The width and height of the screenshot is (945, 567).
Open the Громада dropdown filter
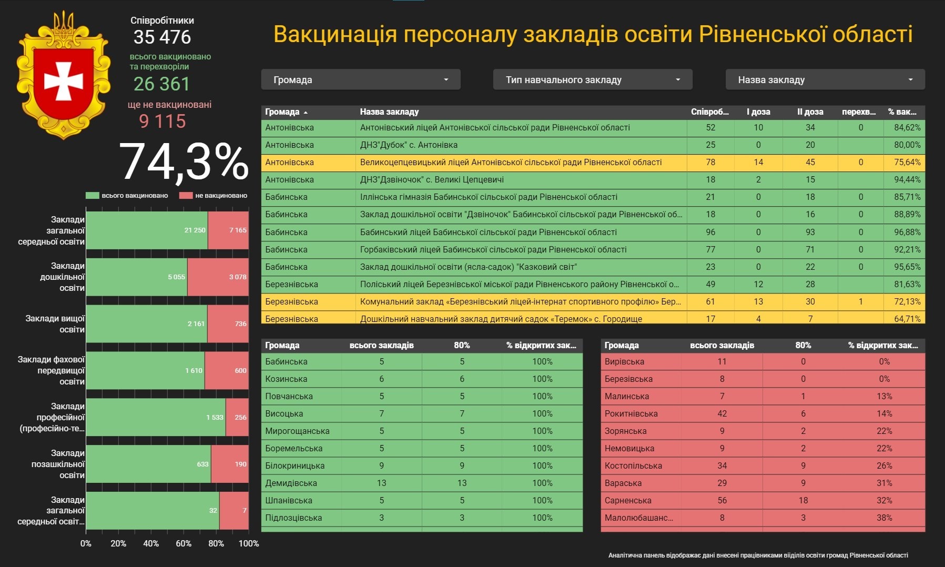[360, 80]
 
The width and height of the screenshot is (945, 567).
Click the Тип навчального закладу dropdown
[592, 80]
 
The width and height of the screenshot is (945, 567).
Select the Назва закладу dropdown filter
[825, 80]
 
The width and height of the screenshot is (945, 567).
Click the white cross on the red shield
[64, 81]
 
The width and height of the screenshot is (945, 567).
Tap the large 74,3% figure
[184, 162]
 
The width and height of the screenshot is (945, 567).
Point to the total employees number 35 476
[162, 37]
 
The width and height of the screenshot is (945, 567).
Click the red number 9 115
[162, 121]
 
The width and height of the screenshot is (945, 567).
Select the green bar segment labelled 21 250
[147, 230]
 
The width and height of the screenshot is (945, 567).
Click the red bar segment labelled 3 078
[218, 277]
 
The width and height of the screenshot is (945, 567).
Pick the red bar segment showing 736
[228, 323]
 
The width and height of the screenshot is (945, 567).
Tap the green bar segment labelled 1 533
[156, 417]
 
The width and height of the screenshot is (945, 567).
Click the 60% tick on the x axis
[184, 543]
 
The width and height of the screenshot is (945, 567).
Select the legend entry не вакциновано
[220, 196]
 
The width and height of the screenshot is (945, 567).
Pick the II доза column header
[810, 112]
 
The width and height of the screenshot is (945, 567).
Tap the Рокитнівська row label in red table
[631, 413]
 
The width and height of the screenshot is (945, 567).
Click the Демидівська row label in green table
[291, 483]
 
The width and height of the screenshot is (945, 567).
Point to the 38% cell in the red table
[884, 518]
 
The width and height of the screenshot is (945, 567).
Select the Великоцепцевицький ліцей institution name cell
[511, 162]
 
